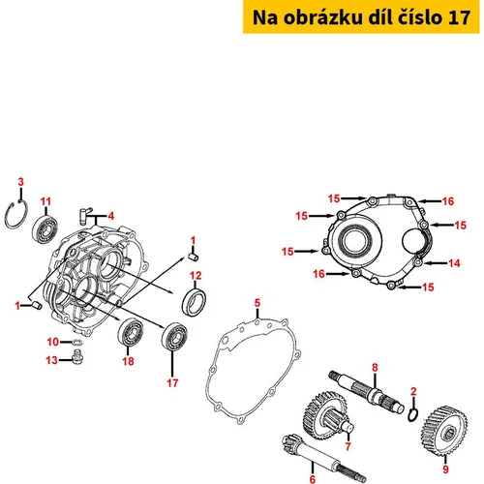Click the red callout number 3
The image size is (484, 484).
pyautogui.click(x=21, y=182)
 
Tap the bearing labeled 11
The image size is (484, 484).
pyautogui.click(x=45, y=228)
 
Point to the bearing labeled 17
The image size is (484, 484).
pyautogui.click(x=174, y=336)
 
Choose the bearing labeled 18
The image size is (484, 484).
pyautogui.click(x=131, y=332)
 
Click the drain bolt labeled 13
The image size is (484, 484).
pyautogui.click(x=77, y=356)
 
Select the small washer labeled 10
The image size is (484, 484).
pyautogui.click(x=76, y=342)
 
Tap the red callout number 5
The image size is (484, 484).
pyautogui.click(x=257, y=303)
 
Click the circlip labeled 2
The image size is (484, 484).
pyautogui.click(x=413, y=414)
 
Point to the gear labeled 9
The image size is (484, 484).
pyautogui.click(x=444, y=431)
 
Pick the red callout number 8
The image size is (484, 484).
pyautogui.click(x=375, y=367)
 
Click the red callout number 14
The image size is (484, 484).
pyautogui.click(x=454, y=263)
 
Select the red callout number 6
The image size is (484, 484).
pyautogui.click(x=313, y=479)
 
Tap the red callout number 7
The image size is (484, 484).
pyautogui.click(x=348, y=446)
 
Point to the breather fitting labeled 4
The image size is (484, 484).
pyautogui.click(x=85, y=215)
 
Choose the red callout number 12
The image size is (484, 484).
pyautogui.click(x=196, y=276)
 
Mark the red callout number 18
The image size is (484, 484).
pyautogui.click(x=128, y=361)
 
